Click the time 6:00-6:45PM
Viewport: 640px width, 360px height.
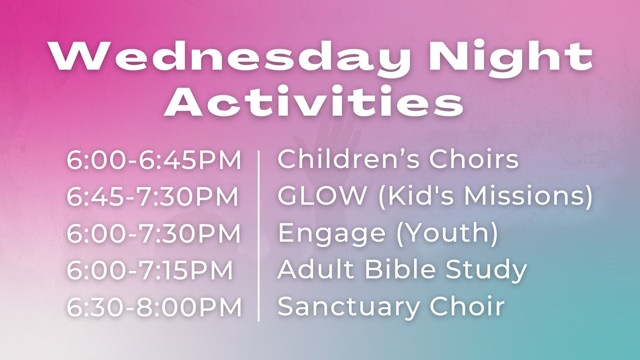(x=154, y=161)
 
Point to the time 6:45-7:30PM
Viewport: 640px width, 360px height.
(x=153, y=197)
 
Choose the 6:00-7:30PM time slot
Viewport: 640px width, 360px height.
(x=154, y=233)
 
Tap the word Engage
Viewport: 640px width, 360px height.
(x=331, y=234)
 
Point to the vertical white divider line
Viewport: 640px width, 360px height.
(x=259, y=236)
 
